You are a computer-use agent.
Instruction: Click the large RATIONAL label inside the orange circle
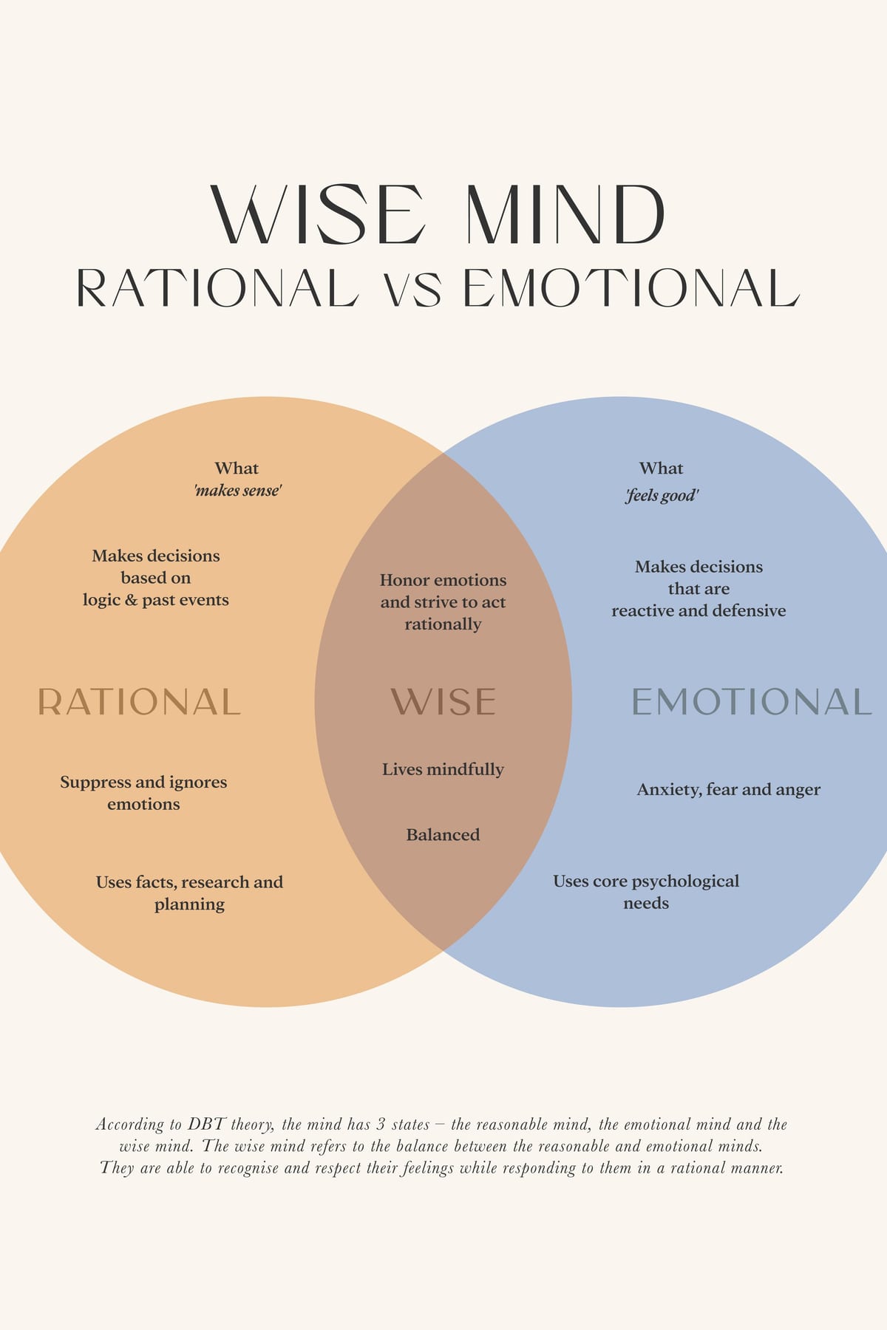pyautogui.click(x=139, y=702)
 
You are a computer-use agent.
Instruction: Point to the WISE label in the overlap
pyautogui.click(x=443, y=702)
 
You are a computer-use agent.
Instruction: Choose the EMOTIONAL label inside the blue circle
pyautogui.click(x=752, y=702)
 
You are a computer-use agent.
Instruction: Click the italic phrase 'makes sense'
pyautogui.click(x=237, y=491)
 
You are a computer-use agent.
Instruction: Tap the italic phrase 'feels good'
pyautogui.click(x=662, y=495)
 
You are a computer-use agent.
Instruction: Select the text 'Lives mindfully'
pyautogui.click(x=443, y=769)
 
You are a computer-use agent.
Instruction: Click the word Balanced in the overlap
pyautogui.click(x=443, y=835)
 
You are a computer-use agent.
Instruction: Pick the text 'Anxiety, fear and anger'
pyautogui.click(x=729, y=790)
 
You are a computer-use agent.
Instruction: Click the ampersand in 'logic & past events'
pyautogui.click(x=131, y=600)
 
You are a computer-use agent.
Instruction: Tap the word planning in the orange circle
pyautogui.click(x=189, y=904)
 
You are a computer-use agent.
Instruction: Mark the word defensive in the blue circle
pyautogui.click(x=749, y=611)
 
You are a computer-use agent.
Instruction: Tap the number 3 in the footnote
pyautogui.click(x=381, y=1125)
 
